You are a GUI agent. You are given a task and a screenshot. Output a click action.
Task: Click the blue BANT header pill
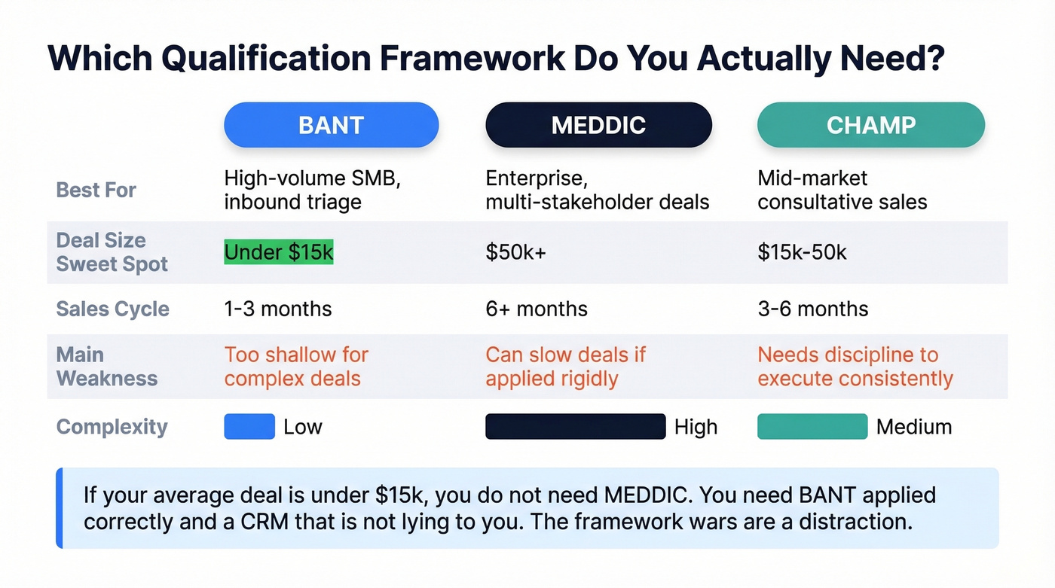(x=331, y=124)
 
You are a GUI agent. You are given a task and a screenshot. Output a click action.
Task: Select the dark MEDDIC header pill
(x=598, y=124)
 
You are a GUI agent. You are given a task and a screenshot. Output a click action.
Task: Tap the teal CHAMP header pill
(x=870, y=124)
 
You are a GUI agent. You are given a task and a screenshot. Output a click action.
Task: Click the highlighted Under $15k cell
(x=279, y=252)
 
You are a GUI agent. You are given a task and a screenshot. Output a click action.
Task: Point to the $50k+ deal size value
(x=515, y=252)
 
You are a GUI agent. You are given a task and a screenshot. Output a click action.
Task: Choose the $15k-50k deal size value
(x=802, y=252)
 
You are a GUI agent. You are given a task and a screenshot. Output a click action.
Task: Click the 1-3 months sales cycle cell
(x=278, y=309)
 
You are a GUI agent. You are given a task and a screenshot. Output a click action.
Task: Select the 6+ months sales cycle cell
(x=537, y=309)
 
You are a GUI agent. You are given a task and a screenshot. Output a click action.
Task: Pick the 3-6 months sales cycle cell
(x=812, y=309)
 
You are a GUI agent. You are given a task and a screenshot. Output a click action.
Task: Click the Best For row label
(x=96, y=190)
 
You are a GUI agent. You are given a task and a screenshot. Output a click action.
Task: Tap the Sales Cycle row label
(x=112, y=309)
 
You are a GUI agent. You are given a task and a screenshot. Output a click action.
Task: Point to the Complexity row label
(x=112, y=427)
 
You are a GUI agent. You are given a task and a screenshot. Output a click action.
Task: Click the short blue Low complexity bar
(x=249, y=427)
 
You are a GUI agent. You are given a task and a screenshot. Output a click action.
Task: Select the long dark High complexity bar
(x=576, y=427)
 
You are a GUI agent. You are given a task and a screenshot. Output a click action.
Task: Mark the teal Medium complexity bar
(x=812, y=427)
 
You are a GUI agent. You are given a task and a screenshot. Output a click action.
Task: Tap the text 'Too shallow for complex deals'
(x=296, y=366)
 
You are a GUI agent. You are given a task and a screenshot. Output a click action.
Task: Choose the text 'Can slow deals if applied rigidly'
(x=565, y=366)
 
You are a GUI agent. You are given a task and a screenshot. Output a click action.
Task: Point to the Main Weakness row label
(x=106, y=366)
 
